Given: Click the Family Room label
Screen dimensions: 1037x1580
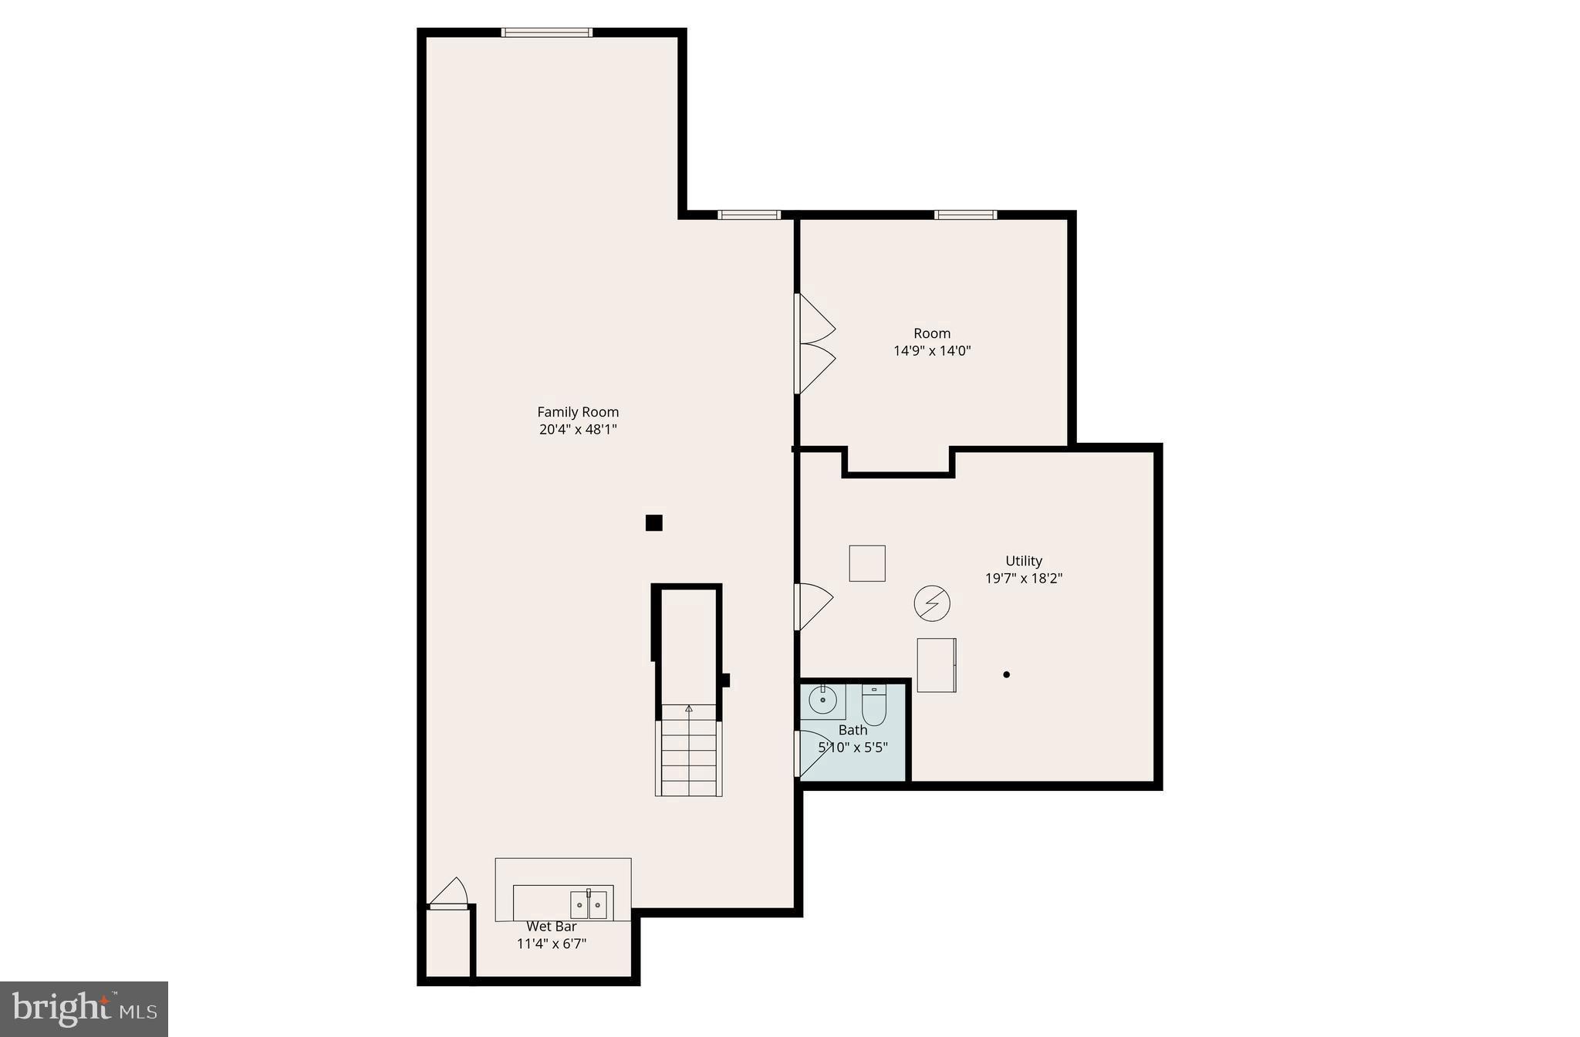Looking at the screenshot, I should pos(578,412).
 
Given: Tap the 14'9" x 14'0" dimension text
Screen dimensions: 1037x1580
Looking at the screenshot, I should pos(932,351).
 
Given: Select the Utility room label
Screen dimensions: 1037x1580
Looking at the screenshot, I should pos(1024,561).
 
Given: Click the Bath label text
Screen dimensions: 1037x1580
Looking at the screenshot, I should pos(852,730).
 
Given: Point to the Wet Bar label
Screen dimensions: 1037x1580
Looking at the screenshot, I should pos(551,927).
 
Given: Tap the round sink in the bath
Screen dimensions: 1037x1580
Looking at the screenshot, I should pos(822,701).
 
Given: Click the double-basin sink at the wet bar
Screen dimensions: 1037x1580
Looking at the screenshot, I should pos(589,904).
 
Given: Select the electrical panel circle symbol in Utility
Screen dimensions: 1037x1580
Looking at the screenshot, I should pos(932,603).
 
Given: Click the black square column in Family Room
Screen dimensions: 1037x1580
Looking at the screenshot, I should pos(653,523).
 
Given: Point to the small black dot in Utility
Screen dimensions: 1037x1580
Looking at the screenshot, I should pos(1006,674).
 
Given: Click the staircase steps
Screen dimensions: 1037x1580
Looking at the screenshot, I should pos(689,756).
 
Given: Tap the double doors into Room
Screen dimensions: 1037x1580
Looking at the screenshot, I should pos(814,344).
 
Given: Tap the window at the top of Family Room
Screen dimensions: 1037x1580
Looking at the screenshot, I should pos(547,32).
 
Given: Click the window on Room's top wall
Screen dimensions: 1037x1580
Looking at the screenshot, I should pos(965,214).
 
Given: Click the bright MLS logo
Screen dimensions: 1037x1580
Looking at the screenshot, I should pos(84,1009).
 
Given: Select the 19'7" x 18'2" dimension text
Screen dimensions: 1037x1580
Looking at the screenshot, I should pos(1024,579).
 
